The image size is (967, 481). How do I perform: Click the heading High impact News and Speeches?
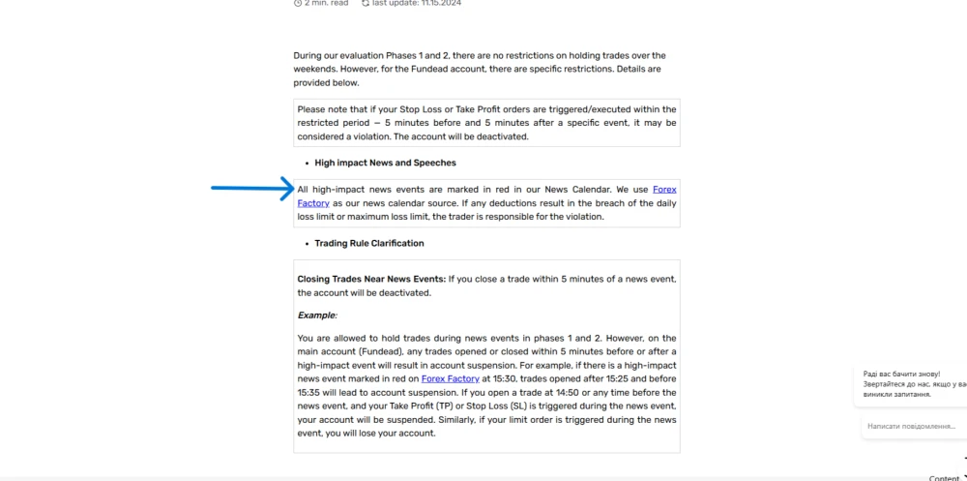385,163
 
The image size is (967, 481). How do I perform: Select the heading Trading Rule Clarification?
368,243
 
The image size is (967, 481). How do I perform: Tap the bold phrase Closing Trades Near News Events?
371,279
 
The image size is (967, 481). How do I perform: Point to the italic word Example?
316,316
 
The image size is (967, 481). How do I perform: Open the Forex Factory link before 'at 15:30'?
450,378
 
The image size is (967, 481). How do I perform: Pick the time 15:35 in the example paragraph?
309,393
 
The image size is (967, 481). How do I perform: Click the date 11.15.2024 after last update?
441,3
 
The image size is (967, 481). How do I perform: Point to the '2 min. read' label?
326,3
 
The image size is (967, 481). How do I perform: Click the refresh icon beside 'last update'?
366,3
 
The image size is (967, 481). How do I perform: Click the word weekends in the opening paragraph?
315,69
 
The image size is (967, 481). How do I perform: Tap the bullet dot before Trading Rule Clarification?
306,244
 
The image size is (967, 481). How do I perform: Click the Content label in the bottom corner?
944,477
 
